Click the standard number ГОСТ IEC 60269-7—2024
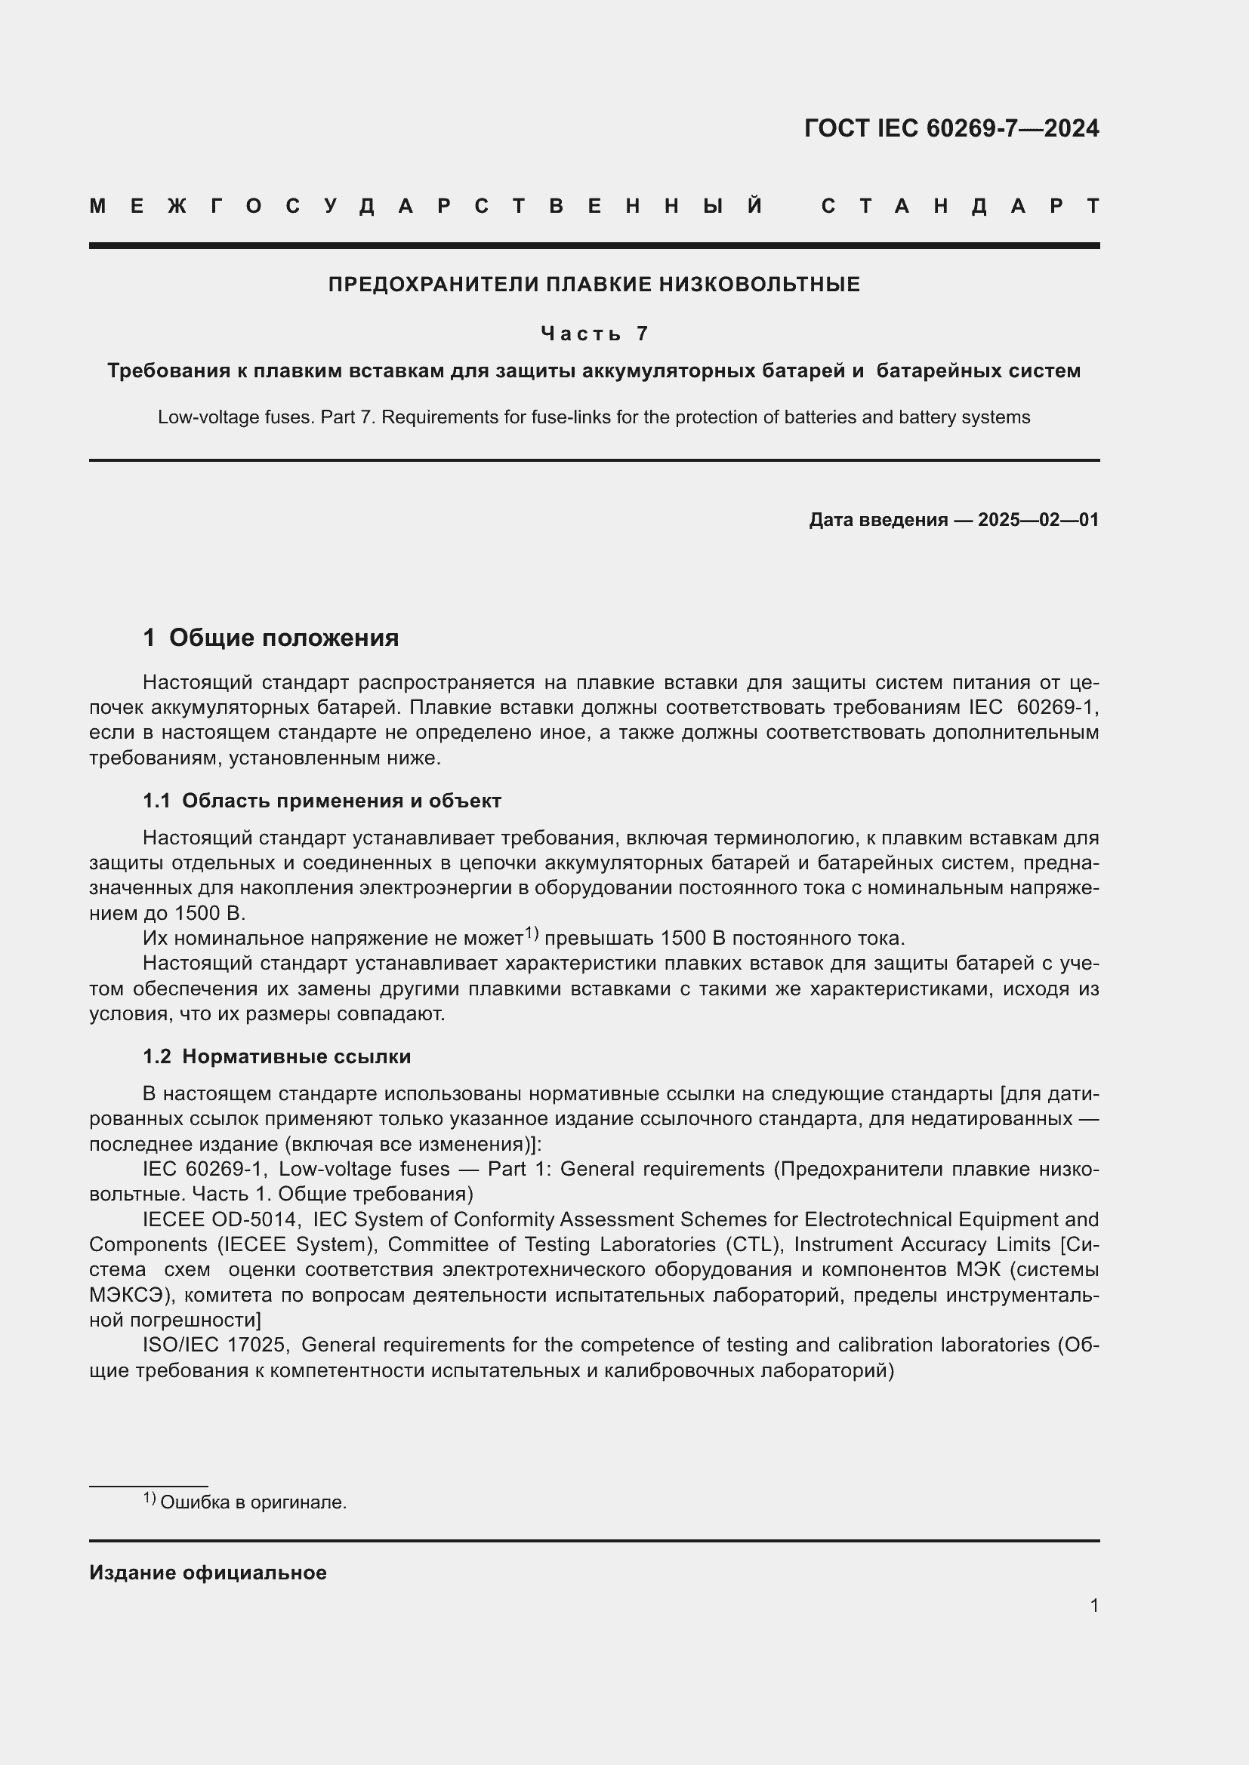click(951, 128)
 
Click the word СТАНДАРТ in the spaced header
click(961, 206)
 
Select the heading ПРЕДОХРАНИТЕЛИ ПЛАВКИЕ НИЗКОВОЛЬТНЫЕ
click(594, 284)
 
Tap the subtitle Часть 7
click(594, 333)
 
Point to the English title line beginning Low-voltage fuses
click(594, 417)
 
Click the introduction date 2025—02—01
click(1038, 520)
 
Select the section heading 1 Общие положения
click(271, 638)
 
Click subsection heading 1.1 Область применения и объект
click(322, 801)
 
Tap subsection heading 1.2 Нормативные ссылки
click(277, 1056)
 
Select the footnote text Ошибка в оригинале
click(253, 1502)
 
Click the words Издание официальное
click(208, 1573)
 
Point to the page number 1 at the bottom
click(1093, 1605)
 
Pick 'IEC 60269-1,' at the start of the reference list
click(205, 1169)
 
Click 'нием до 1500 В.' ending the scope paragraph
click(167, 913)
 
